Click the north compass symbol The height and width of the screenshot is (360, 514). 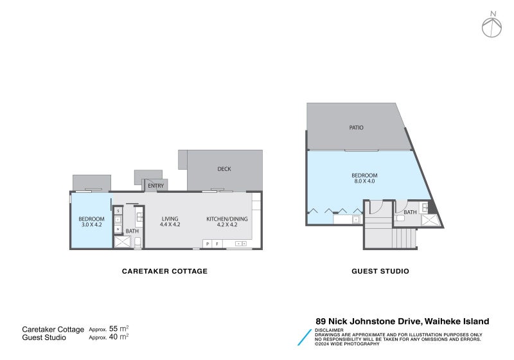[x=492, y=27]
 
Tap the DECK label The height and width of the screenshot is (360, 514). [x=224, y=169]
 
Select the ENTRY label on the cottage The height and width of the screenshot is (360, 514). [x=155, y=186]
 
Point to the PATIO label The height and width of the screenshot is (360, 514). [x=357, y=127]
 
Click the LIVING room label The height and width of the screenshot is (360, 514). [x=170, y=219]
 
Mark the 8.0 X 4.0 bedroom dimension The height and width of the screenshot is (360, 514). [x=364, y=181]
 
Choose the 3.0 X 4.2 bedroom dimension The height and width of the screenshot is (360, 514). [x=92, y=224]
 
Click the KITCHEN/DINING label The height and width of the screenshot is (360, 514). [x=227, y=219]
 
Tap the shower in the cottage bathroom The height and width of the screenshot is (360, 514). [x=122, y=242]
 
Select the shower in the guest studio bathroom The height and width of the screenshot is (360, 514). [x=429, y=220]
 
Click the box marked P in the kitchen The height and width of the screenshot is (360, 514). [x=207, y=244]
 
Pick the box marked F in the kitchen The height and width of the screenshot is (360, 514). [x=217, y=244]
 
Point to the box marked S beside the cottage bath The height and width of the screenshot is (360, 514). [x=118, y=211]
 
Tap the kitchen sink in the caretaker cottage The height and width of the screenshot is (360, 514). [x=242, y=244]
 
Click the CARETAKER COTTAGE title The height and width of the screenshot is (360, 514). [x=164, y=271]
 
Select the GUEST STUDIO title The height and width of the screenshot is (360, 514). [x=380, y=271]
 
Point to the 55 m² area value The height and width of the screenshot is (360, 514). [x=119, y=328]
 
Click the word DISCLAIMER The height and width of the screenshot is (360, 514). [x=329, y=330]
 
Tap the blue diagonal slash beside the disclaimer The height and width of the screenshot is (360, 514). [x=305, y=337]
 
